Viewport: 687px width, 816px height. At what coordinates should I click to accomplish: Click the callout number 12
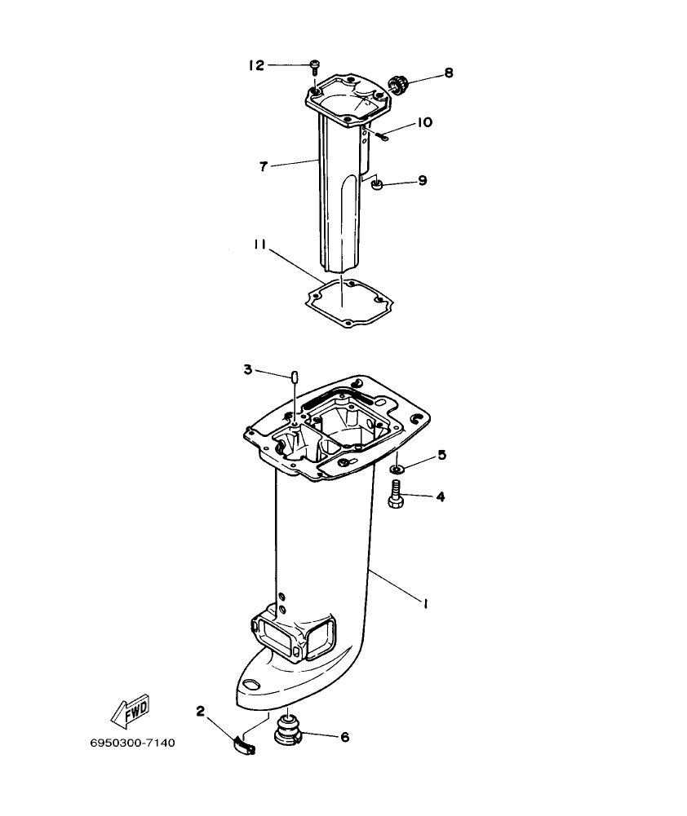[x=256, y=65]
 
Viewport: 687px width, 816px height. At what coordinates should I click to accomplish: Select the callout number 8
[x=448, y=73]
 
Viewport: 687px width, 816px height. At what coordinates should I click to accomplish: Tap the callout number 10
[x=425, y=122]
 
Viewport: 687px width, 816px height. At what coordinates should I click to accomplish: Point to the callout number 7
[x=264, y=166]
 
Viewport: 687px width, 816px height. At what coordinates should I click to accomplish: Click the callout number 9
[x=422, y=180]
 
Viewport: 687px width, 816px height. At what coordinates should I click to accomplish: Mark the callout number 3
[x=247, y=370]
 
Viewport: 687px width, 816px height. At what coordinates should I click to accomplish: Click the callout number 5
[x=441, y=455]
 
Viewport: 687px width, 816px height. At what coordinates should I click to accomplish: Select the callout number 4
[x=441, y=496]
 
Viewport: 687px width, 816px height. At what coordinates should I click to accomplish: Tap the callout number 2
[x=200, y=711]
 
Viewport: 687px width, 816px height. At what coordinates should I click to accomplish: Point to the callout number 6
[x=344, y=737]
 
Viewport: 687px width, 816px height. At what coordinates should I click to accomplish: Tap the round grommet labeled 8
[x=398, y=85]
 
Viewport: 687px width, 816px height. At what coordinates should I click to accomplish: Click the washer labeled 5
[x=396, y=469]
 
